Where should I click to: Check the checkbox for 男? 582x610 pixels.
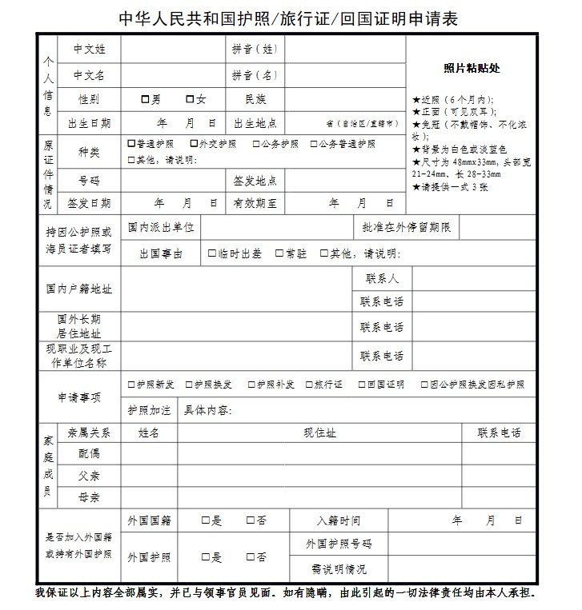145,100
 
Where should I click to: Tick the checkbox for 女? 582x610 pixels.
190,100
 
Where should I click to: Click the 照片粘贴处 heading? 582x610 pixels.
472,68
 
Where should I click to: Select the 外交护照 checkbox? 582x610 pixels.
193,144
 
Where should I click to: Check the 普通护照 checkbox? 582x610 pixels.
131,144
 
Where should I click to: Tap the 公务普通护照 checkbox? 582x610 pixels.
312,144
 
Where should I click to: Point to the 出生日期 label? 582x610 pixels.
89,123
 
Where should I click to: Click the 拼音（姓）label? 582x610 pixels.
255,50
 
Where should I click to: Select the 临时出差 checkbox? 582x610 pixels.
211,253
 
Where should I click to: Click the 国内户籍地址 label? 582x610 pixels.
78,289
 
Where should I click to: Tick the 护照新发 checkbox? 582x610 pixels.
131,385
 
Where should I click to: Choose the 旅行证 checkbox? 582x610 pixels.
310,385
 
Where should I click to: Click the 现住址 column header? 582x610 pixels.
319,433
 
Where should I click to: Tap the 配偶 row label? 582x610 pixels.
89,453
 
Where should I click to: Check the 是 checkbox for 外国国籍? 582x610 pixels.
206,520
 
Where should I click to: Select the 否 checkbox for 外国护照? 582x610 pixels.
251,557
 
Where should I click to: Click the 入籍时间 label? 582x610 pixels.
339,520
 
